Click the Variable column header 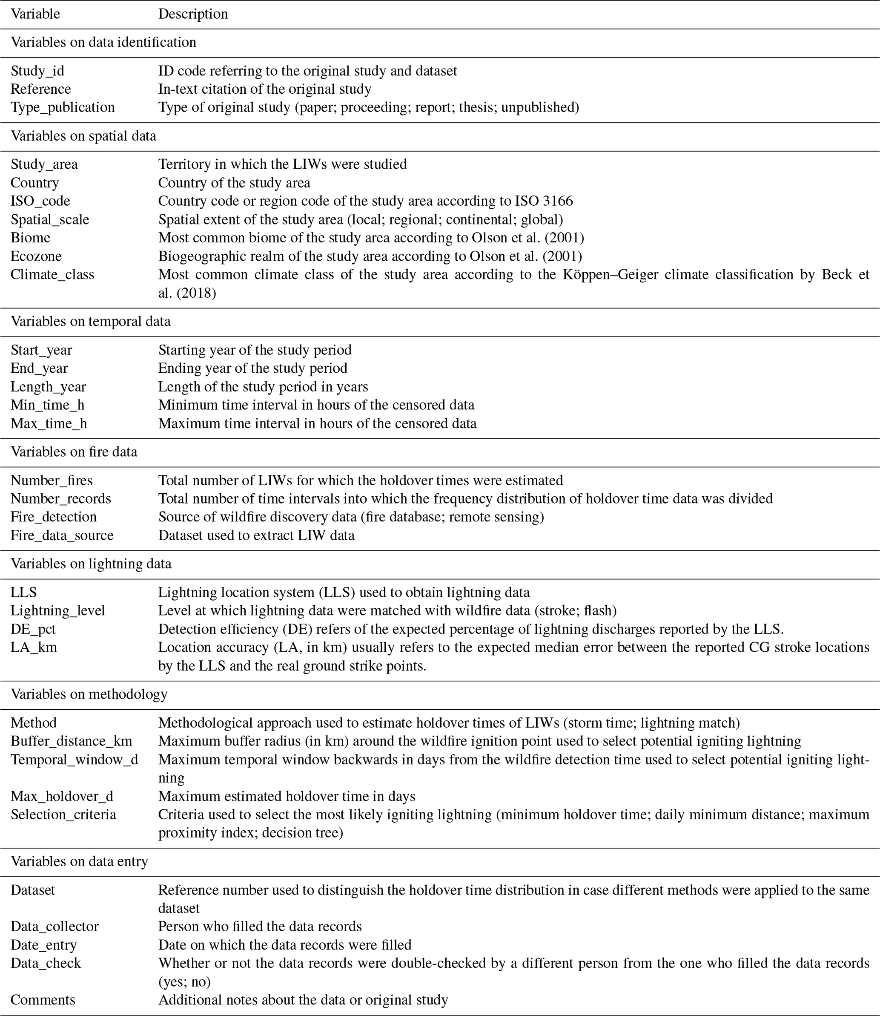tap(35, 14)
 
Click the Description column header tap(193, 14)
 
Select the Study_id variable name tap(37, 71)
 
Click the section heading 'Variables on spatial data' tap(83, 135)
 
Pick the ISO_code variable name tap(40, 201)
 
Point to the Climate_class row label tap(52, 274)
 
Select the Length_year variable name tap(48, 387)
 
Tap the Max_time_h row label tap(49, 423)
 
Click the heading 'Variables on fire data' tap(74, 452)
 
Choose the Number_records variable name tap(61, 499)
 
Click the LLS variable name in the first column tap(23, 593)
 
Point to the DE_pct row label tap(33, 629)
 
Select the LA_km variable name tap(34, 648)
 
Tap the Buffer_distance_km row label tap(71, 741)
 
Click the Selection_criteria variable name tap(63, 815)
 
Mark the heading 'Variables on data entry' tap(80, 862)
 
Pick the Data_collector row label tap(54, 927)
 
